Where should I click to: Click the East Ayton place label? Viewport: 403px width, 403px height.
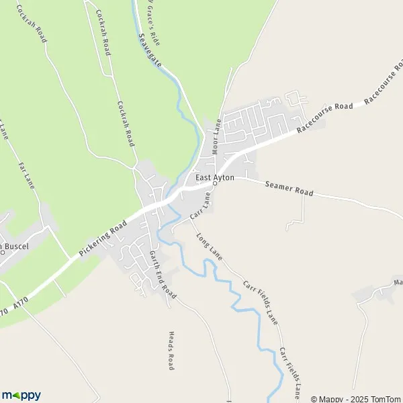(x=215, y=177)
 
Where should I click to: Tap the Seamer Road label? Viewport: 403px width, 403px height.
(x=289, y=188)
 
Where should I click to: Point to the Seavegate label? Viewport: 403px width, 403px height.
(x=149, y=50)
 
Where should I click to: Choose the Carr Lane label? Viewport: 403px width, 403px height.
(x=200, y=206)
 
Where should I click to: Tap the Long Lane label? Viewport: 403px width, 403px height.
(x=209, y=247)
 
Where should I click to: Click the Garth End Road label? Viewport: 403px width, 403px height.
(x=163, y=275)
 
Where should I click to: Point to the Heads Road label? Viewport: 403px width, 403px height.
(x=171, y=351)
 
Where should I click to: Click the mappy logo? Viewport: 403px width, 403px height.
(x=21, y=395)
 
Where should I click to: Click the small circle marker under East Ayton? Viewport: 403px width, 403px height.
(x=214, y=183)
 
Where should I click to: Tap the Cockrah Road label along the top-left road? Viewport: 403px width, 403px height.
(x=32, y=24)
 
